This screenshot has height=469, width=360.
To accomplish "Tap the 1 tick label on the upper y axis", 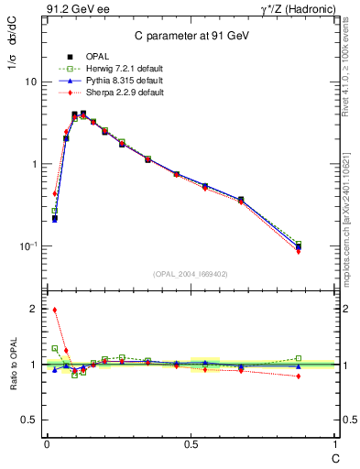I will (34, 164).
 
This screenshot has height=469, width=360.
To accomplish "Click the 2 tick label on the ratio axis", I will (34, 310).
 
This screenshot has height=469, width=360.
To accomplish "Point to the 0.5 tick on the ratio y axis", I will (29, 420).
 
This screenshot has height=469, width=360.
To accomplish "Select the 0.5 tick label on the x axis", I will (190, 444).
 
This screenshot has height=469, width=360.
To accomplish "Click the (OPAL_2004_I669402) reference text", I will (190, 272).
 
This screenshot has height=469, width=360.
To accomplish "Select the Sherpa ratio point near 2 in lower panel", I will (55, 310).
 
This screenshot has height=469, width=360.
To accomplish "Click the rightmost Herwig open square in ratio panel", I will (299, 358).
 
